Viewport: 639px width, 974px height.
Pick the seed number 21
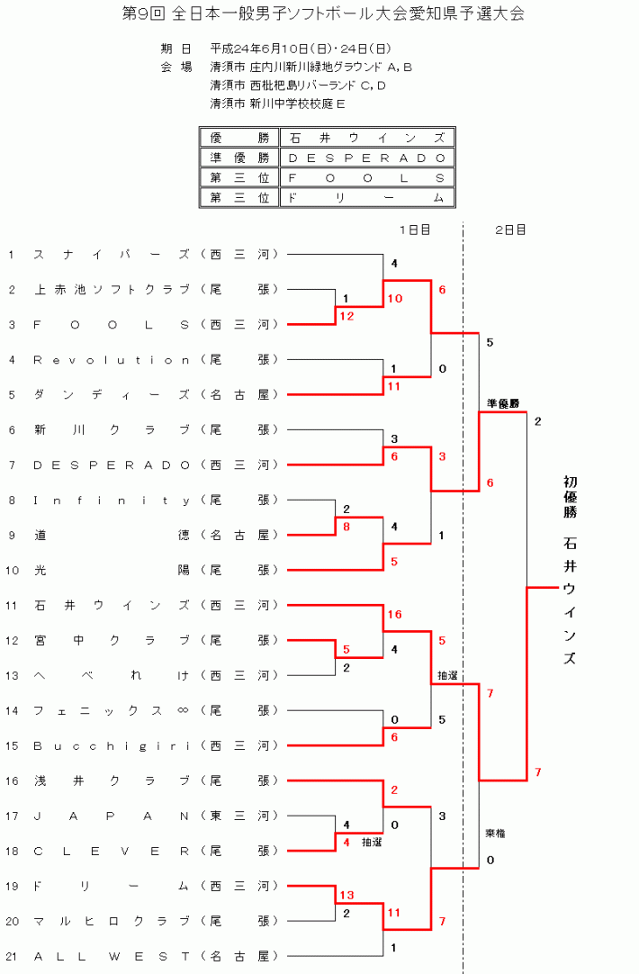[12, 957]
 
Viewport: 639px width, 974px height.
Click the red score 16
[393, 615]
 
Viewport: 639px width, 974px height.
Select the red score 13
[346, 896]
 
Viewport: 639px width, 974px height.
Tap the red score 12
[346, 316]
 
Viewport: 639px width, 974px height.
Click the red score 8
[346, 527]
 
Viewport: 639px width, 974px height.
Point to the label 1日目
[415, 230]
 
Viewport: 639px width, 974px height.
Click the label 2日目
[510, 230]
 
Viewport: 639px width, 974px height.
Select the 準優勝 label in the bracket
[503, 403]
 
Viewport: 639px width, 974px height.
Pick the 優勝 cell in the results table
[239, 138]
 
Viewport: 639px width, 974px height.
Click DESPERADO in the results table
[366, 158]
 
